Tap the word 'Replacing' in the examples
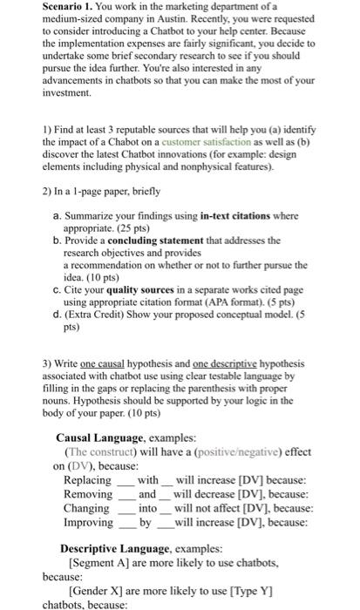click(88, 480)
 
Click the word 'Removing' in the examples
click(88, 494)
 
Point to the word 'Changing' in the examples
click(87, 508)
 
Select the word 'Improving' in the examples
click(89, 522)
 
